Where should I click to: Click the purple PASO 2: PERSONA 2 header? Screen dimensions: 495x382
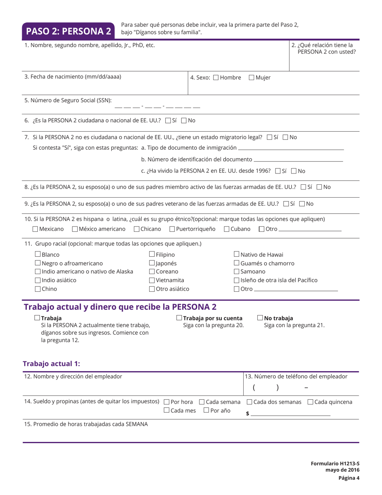point(69,31)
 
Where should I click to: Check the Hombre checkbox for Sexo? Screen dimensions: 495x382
point(216,78)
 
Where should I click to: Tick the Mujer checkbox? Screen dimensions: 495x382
point(252,78)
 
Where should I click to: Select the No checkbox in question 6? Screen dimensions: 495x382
point(184,120)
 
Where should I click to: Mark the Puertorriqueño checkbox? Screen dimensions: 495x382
point(173,229)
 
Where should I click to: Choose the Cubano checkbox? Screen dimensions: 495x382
point(227,229)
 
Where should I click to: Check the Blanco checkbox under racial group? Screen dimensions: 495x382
point(38,254)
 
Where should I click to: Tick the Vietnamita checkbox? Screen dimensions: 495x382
point(152,280)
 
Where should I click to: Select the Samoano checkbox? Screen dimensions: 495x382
point(237,272)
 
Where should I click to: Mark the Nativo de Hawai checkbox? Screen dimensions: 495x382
point(237,254)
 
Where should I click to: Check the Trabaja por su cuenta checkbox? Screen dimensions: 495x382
point(179,318)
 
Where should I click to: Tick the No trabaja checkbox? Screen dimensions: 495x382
point(260,318)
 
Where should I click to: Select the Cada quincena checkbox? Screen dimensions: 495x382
point(310,402)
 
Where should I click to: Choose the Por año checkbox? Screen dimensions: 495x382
point(206,410)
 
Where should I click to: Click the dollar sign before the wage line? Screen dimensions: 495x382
point(247,413)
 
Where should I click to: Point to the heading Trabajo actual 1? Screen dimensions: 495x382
point(51,364)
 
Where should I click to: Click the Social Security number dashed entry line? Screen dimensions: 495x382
point(157,107)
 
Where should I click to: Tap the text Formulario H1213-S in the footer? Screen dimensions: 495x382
point(335,464)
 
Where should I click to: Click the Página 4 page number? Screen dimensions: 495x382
point(349,478)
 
